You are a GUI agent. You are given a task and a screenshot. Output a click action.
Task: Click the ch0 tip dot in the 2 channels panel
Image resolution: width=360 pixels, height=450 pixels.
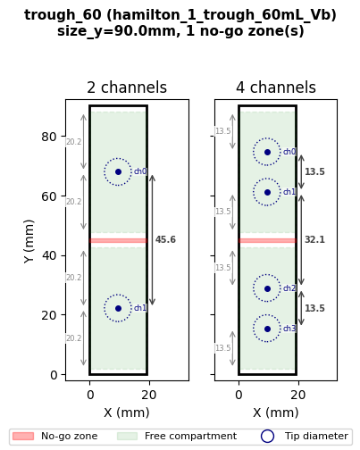pos(118,171)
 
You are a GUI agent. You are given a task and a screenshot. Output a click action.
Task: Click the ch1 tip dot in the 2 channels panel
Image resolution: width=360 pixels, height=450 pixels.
pos(118,308)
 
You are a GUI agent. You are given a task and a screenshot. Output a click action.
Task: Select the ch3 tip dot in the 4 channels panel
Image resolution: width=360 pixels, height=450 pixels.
pos(267,329)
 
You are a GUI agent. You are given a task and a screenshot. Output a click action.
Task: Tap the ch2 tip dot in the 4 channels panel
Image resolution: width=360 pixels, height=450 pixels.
pos(267,288)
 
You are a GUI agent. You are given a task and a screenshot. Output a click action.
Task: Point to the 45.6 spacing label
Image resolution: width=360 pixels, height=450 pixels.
pos(165,239)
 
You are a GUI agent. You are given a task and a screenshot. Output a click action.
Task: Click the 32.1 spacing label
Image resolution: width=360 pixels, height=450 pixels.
pos(314,239)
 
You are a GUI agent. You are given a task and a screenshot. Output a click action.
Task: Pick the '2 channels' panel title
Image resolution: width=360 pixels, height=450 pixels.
pos(127,87)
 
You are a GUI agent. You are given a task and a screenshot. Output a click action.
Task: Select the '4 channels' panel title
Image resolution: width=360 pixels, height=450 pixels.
pos(276,87)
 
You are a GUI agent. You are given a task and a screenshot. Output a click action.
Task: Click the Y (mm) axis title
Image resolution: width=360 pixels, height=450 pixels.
pos(29,241)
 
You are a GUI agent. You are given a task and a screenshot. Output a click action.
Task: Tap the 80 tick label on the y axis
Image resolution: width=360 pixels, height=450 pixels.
pos(49,137)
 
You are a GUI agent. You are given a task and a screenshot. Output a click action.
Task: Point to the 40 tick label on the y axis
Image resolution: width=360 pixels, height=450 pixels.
pos(49,255)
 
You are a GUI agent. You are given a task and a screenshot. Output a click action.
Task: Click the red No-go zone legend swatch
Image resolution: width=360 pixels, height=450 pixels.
pos(23,436)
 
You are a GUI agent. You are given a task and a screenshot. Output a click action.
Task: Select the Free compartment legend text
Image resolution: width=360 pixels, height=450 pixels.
pos(190,436)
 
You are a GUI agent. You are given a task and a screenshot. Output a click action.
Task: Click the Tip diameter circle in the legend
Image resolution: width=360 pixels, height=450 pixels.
pos(267,436)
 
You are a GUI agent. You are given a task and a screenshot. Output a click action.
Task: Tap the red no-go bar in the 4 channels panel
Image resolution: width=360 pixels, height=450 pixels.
pos(267,240)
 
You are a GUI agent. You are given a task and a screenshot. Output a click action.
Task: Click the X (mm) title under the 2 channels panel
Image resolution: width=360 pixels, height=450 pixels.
pos(127,412)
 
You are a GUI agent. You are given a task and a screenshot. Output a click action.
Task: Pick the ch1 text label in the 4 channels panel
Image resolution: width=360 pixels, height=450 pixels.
pos(289,192)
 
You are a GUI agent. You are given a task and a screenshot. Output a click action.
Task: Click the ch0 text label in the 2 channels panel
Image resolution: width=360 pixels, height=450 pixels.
pos(140,171)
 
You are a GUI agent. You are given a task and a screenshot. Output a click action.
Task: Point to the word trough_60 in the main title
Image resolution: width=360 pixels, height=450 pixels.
pos(63,15)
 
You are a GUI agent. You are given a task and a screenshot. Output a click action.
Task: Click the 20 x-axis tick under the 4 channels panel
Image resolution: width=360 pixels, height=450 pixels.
pos(297,395)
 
